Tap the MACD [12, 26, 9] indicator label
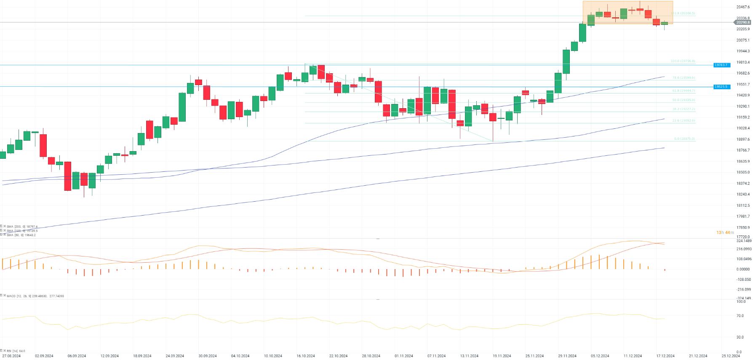pyautogui.click(x=35, y=296)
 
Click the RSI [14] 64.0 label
pyautogui.click(x=16, y=351)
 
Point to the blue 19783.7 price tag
pyautogui.click(x=721, y=65)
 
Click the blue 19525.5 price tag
pyautogui.click(x=721, y=87)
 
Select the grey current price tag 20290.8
pyautogui.click(x=743, y=22)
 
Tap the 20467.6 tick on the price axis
pyautogui.click(x=743, y=7)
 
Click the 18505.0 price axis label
pyautogui.click(x=743, y=172)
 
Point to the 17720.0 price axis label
pyautogui.click(x=743, y=237)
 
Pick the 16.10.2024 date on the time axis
pyautogui.click(x=305, y=356)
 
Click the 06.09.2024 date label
pyautogui.click(x=77, y=356)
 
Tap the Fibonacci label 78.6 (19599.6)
pyautogui.click(x=683, y=78)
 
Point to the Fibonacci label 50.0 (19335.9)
pyautogui.click(x=683, y=100)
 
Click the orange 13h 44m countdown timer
pyautogui.click(x=725, y=232)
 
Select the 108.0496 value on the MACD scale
pyautogui.click(x=743, y=259)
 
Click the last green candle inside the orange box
pyautogui.click(x=665, y=23)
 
